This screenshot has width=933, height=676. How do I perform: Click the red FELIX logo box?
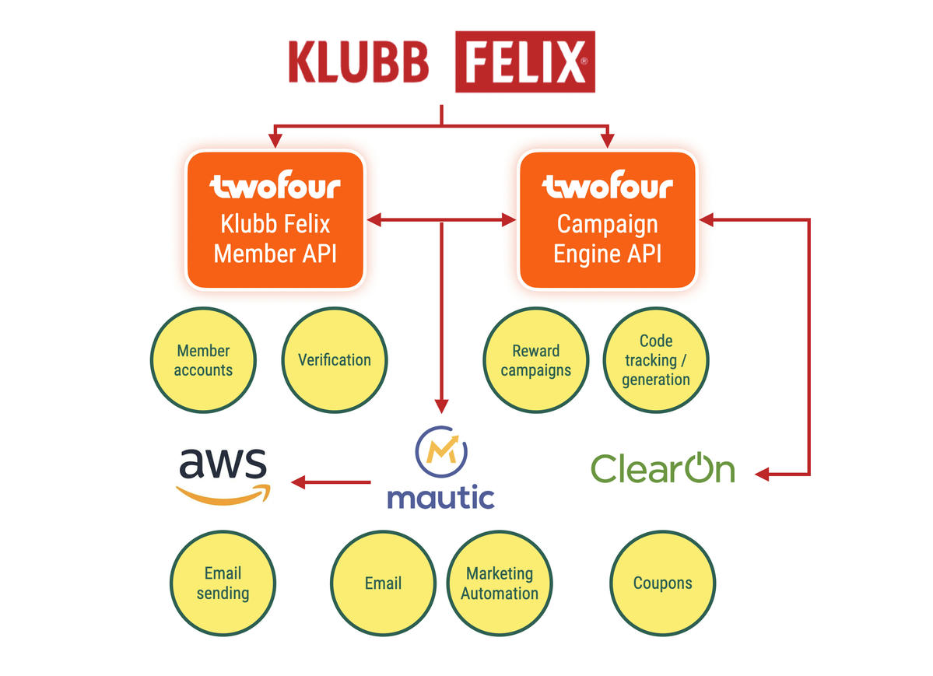[524, 61]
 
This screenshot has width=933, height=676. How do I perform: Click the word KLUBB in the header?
[358, 62]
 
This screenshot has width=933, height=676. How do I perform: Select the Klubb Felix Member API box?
[275, 220]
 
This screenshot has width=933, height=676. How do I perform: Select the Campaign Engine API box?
[607, 220]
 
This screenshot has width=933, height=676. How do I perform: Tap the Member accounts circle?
[203, 360]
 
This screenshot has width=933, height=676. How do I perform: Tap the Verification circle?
[335, 360]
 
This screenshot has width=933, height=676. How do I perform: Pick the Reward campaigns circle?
[535, 360]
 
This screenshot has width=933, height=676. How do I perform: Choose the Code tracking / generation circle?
[656, 360]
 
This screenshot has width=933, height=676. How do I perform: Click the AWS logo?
[223, 475]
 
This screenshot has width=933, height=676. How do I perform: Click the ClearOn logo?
[663, 468]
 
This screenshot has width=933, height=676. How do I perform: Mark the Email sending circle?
[223, 583]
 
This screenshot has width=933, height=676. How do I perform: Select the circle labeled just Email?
[383, 583]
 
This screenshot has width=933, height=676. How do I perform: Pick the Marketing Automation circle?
[500, 583]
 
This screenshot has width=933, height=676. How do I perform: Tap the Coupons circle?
[662, 583]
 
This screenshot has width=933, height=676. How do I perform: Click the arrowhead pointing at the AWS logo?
[296, 483]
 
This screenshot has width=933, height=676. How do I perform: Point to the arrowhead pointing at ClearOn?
[762, 474]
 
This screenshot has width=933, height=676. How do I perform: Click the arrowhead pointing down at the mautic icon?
[441, 406]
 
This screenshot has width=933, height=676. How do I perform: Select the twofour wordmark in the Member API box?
[275, 187]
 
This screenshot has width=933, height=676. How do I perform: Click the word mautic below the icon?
[440, 496]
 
